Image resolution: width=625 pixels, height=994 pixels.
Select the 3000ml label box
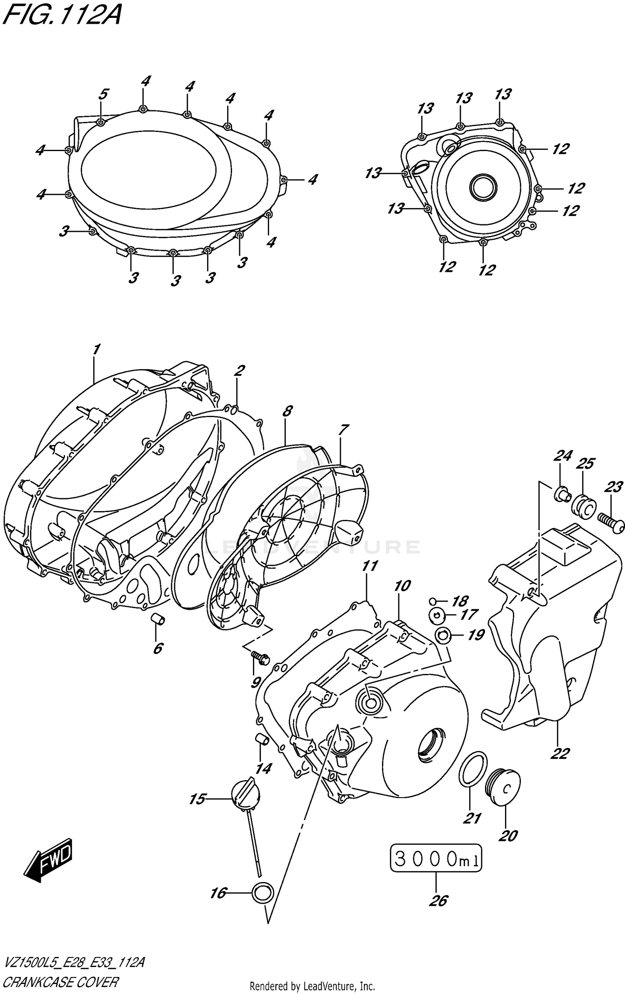point(435,858)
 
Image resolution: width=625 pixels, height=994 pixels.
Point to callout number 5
point(103,94)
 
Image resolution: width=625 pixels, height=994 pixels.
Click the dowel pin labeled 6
point(158,620)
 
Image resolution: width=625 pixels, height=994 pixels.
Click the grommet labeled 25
point(584,506)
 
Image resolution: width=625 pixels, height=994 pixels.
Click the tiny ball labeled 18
point(433,600)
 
